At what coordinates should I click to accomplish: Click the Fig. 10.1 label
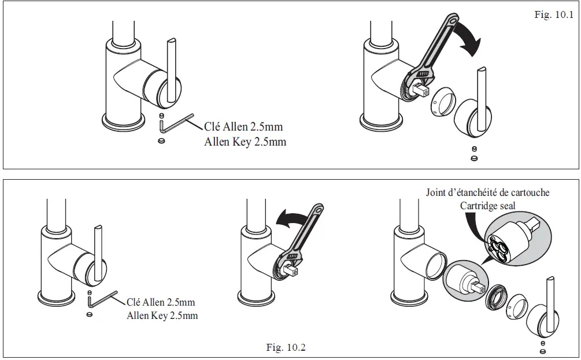click(553, 15)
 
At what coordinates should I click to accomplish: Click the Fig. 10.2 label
click(286, 347)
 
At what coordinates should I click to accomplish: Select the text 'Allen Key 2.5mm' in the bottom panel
click(162, 316)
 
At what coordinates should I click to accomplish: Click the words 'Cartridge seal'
click(487, 206)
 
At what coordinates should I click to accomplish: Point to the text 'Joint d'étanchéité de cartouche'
click(487, 192)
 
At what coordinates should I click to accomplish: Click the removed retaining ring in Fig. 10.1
click(442, 102)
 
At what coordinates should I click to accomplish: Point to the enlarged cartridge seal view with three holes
click(509, 237)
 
